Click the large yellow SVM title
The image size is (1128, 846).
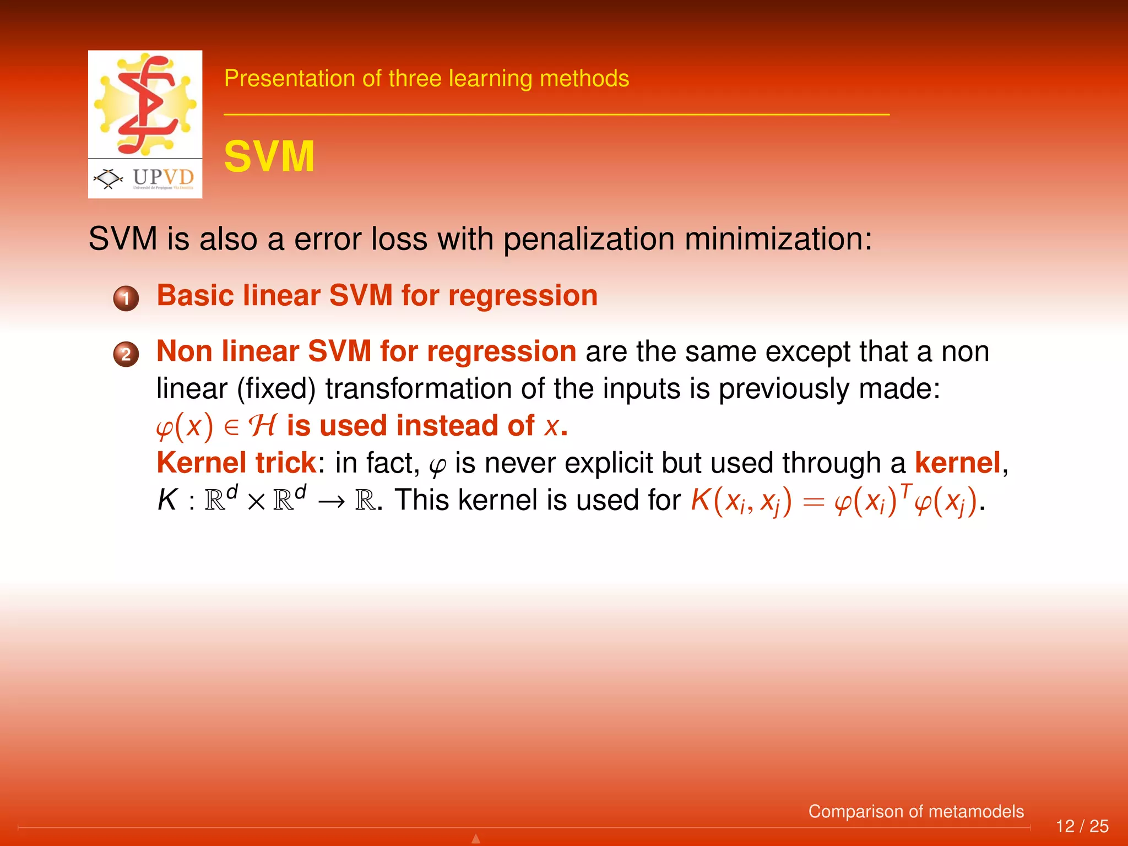click(269, 157)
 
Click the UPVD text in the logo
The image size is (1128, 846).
click(163, 177)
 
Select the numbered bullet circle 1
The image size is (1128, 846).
click(126, 299)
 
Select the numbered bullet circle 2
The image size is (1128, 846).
click(126, 354)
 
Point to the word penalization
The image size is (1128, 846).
click(588, 239)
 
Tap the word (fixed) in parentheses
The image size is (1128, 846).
click(276, 389)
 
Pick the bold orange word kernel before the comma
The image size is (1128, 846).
click(957, 463)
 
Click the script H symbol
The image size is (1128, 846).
click(262, 426)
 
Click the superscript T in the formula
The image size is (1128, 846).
click(906, 489)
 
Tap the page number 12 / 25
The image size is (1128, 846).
click(1082, 826)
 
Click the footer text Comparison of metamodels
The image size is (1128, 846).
click(915, 811)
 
